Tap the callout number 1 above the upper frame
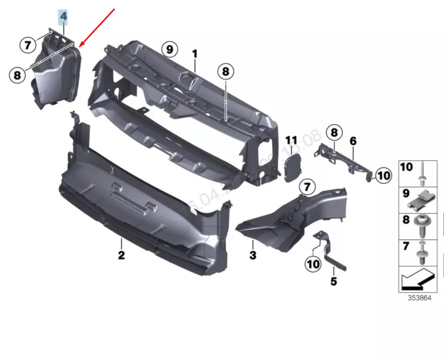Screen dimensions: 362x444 coord(195,54)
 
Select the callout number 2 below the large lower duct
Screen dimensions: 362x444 coord(121,255)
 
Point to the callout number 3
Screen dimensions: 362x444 coord(253,255)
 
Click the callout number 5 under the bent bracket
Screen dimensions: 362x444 coord(333,282)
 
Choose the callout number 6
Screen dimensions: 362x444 coord(353,141)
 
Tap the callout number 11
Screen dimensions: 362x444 coord(291,140)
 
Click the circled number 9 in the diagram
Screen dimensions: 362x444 coord(169,48)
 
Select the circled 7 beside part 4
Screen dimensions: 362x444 coord(28,46)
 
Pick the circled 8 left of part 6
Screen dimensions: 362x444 coord(334,133)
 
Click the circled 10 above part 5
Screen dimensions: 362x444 coord(313,264)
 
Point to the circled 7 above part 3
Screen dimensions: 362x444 coord(306,187)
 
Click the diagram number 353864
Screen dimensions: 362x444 coord(419,298)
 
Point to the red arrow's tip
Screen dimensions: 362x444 coord(80,46)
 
